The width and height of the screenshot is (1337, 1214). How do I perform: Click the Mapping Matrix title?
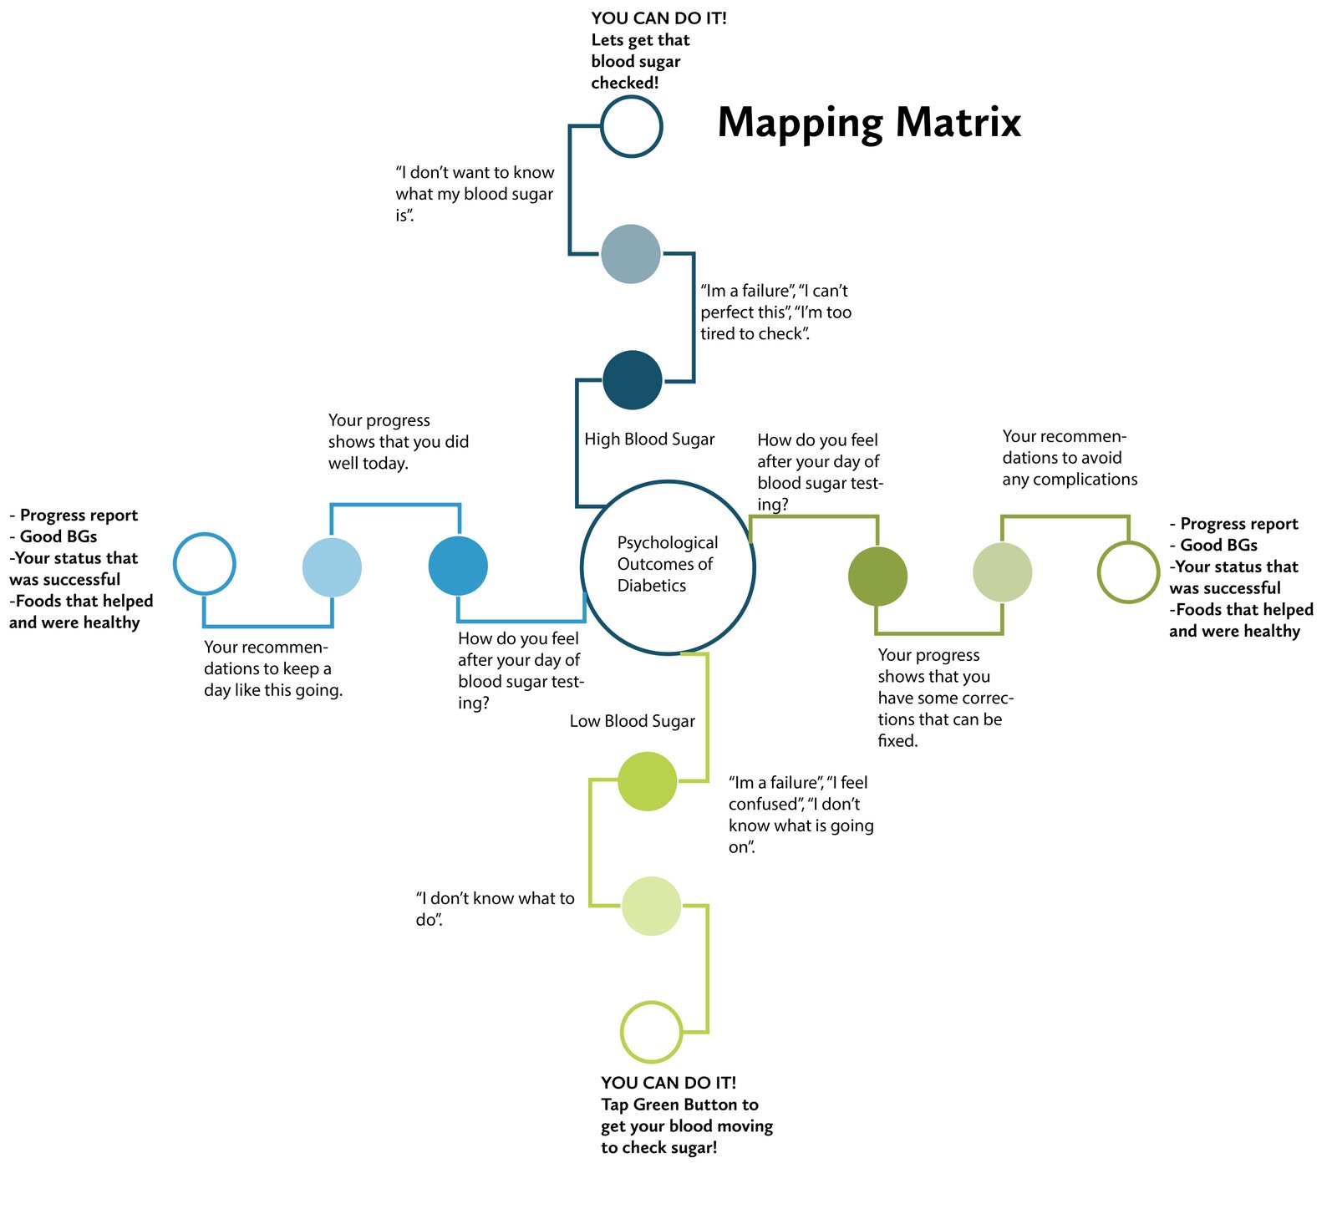tap(869, 123)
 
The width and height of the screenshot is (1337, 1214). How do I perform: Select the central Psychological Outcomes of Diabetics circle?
tap(668, 566)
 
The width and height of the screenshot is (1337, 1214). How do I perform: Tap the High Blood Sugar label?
tap(649, 439)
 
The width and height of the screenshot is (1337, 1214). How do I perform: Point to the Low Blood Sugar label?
tap(632, 721)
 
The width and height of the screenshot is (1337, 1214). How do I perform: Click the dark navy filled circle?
tap(633, 380)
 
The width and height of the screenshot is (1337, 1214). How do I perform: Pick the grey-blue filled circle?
tap(631, 254)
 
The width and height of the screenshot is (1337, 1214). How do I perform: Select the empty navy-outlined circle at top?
tap(632, 126)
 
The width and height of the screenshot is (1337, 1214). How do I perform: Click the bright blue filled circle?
tap(458, 566)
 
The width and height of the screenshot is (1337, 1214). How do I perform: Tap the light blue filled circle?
tap(332, 567)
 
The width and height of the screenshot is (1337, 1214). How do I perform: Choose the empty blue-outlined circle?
tap(205, 564)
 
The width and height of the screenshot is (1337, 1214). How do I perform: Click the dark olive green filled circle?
tap(877, 577)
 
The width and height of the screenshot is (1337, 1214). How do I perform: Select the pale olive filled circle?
tap(1003, 572)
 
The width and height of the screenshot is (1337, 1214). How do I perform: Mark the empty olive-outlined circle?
tap(1128, 572)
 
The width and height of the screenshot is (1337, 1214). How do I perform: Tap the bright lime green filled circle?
tap(647, 781)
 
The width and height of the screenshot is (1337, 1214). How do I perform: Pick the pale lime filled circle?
tap(651, 906)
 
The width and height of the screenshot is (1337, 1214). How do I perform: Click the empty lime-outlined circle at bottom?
tap(651, 1032)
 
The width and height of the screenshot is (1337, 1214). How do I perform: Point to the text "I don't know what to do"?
tap(495, 909)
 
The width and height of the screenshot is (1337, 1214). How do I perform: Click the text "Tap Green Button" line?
tap(679, 1105)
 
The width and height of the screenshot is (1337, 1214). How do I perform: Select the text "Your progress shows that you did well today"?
tap(398, 442)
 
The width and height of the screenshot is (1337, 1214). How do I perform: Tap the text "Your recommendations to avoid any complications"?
tap(1070, 458)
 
